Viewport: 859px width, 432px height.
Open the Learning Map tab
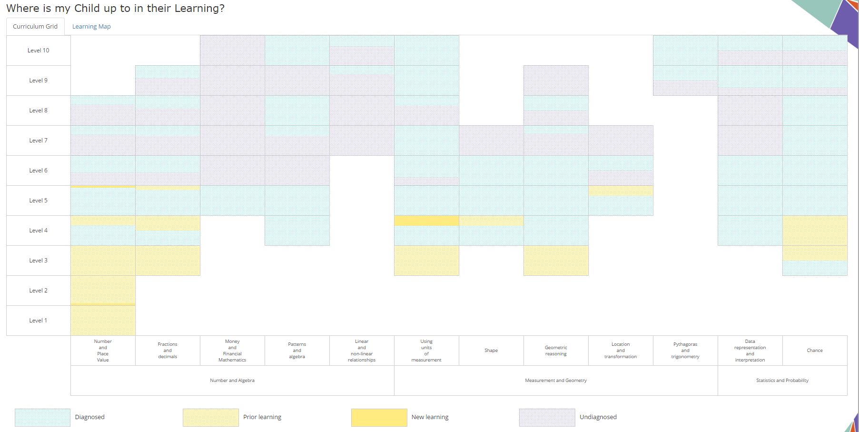click(91, 27)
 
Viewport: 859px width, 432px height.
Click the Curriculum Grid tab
click(35, 27)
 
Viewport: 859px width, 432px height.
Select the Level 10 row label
click(39, 50)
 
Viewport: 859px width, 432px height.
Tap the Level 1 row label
click(39, 321)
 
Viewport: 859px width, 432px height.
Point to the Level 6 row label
click(39, 171)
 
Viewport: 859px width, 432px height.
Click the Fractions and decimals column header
click(168, 351)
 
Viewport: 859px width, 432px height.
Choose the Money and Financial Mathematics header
click(232, 351)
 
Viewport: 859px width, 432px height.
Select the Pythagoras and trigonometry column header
click(685, 351)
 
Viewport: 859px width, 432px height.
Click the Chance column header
click(815, 351)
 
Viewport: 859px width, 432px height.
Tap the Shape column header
click(491, 351)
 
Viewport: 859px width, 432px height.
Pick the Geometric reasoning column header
click(556, 351)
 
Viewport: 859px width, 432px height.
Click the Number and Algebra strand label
click(232, 381)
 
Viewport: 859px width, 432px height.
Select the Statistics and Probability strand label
click(782, 381)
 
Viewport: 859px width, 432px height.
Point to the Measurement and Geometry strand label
click(556, 381)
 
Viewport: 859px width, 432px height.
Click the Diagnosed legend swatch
click(42, 417)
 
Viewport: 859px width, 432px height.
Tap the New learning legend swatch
click(379, 417)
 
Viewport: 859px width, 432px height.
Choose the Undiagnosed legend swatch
click(547, 417)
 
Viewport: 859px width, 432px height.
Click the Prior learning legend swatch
click(210, 417)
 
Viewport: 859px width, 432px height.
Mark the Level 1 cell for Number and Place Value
click(103, 321)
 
